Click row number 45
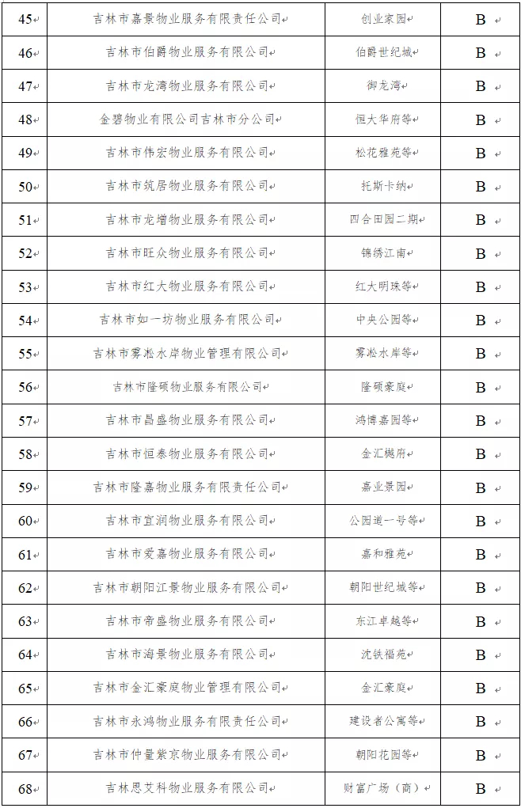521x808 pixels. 25,19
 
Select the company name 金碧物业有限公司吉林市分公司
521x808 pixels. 187,119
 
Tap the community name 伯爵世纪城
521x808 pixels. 384,53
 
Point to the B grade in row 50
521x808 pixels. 481,187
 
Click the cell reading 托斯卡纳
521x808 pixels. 384,187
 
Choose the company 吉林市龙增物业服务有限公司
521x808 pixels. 187,220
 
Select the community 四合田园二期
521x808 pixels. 384,220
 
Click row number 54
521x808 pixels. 25,321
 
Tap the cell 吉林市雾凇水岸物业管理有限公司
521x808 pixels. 187,354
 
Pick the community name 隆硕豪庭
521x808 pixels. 384,387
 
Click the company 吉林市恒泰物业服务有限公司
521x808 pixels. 187,454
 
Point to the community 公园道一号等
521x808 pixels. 384,521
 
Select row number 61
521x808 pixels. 25,555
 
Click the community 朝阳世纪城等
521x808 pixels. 384,588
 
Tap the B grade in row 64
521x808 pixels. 481,655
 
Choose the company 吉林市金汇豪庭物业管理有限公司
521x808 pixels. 187,689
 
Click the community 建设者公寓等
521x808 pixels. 384,722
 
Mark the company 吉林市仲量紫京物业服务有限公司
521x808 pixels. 187,755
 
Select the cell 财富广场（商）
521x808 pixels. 384,788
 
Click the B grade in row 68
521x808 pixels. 481,789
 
